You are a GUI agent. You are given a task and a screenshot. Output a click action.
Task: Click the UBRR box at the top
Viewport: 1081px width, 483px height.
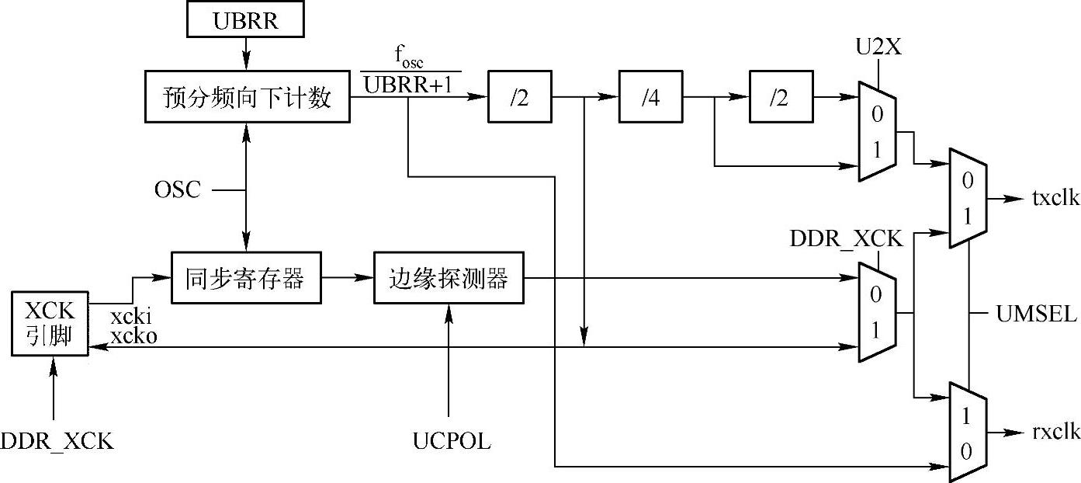(x=245, y=21)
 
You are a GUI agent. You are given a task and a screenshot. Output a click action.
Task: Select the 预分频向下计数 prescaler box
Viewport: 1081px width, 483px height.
(x=247, y=98)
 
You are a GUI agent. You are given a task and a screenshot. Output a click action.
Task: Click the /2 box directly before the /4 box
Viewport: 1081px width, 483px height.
(x=519, y=98)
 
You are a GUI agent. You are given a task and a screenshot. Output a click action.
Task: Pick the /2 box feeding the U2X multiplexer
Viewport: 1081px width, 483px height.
(x=781, y=98)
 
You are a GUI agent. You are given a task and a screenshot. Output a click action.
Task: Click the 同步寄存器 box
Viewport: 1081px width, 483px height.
(x=245, y=279)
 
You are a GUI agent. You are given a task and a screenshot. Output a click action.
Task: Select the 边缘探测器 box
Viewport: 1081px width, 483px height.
(x=449, y=279)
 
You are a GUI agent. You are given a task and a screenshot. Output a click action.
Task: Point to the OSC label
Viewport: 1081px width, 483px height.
(x=178, y=189)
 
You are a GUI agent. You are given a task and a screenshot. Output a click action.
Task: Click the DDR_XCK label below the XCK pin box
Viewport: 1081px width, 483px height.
(x=57, y=442)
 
